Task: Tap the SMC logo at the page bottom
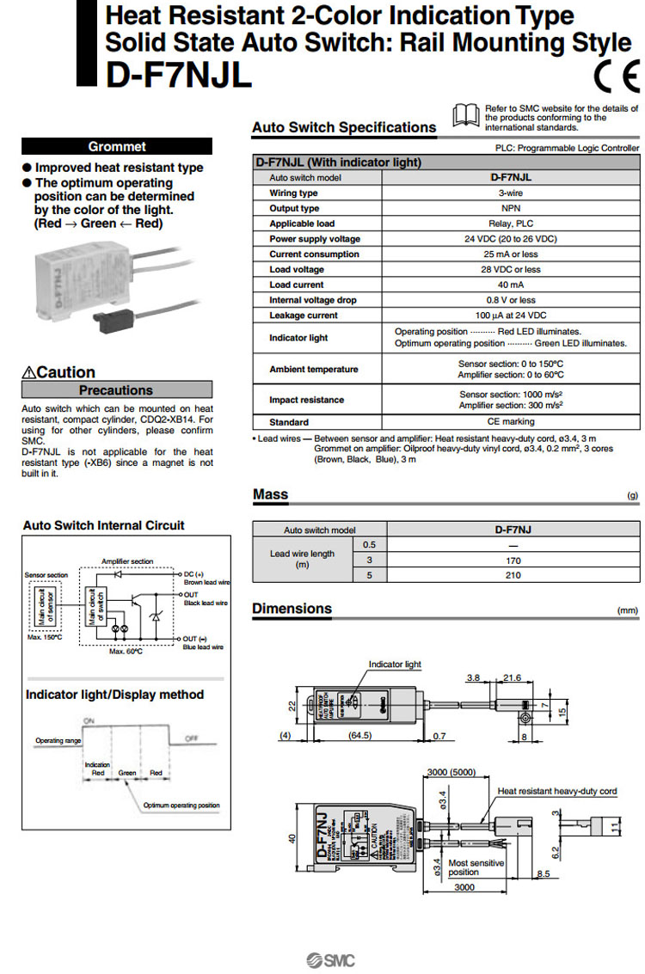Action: click(x=330, y=960)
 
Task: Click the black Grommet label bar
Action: click(x=116, y=146)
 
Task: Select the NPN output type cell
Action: click(x=511, y=208)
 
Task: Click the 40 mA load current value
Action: click(x=511, y=285)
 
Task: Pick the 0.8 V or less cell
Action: click(x=511, y=300)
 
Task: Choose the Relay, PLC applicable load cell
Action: click(x=511, y=224)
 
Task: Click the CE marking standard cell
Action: click(x=511, y=422)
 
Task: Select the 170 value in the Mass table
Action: click(x=513, y=560)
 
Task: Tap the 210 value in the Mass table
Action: click(x=513, y=575)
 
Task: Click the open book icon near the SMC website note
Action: click(x=466, y=115)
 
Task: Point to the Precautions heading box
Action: click(x=116, y=390)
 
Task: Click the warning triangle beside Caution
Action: click(x=29, y=373)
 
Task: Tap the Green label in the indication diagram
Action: click(x=127, y=773)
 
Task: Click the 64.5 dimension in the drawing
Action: click(x=359, y=735)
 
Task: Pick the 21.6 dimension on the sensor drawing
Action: click(x=512, y=678)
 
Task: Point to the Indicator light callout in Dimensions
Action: click(x=395, y=665)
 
